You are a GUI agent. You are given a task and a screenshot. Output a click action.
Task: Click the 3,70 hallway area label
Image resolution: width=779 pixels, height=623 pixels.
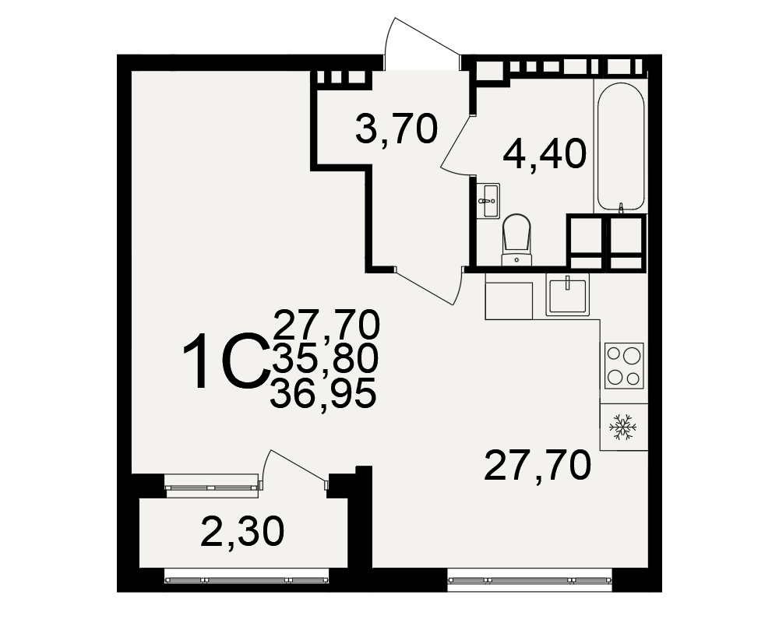tap(397, 128)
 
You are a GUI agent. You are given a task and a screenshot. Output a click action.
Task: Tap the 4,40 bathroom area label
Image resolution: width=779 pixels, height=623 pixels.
tap(545, 153)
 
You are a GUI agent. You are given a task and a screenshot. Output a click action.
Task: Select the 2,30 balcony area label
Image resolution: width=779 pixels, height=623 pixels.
tap(242, 531)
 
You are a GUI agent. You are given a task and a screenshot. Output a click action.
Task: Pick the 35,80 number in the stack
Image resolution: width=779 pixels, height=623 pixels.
tap(325, 359)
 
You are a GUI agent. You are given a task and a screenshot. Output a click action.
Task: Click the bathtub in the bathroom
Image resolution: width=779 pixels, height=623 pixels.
tap(621, 147)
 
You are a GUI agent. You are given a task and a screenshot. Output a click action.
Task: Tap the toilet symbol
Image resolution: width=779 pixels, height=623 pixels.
tap(516, 239)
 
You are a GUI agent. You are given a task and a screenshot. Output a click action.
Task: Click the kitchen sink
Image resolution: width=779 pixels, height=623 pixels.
tap(567, 294)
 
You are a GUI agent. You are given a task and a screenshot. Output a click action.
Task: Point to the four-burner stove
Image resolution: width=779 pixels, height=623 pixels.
tap(624, 366)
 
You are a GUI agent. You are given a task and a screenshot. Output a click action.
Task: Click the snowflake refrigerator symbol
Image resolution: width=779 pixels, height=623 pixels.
tap(623, 427)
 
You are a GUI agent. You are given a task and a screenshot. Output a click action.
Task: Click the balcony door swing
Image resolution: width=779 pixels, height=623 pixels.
tap(294, 468)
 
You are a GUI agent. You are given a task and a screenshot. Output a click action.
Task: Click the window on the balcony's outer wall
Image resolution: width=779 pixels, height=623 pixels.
tap(246, 579)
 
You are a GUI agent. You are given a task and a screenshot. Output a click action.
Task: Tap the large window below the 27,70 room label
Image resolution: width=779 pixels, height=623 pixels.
tap(530, 579)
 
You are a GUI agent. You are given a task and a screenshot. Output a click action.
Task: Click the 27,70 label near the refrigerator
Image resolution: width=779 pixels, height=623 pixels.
tap(538, 465)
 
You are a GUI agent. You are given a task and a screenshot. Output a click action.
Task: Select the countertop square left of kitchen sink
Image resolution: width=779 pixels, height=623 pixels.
tap(509, 301)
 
